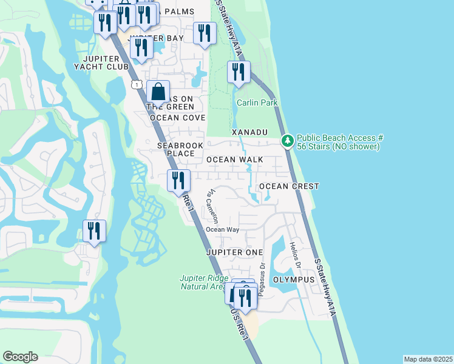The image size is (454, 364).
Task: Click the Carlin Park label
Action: click(257, 103)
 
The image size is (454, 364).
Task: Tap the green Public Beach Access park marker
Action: click(287, 141)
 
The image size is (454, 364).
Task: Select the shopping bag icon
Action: click(158, 92)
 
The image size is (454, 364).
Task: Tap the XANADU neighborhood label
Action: click(249, 132)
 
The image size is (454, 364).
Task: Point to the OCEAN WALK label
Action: click(235, 160)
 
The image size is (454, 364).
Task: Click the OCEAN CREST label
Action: click(289, 186)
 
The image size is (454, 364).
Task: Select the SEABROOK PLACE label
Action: click(177, 149)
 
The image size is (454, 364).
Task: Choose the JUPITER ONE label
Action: click(234, 252)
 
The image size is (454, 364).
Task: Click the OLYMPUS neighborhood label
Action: click(294, 280)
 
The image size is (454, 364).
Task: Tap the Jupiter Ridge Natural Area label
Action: click(203, 283)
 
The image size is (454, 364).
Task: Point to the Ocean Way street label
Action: click(222, 229)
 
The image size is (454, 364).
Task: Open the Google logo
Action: click(20, 357)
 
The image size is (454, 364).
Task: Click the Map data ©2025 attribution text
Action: click(428, 359)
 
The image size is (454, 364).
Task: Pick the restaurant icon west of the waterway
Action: click(94, 231)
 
